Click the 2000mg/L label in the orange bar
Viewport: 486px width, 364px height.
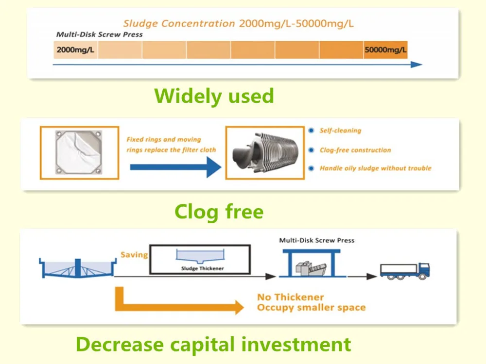pyautogui.click(x=75, y=50)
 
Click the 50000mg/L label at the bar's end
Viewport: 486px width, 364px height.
pyautogui.click(x=385, y=50)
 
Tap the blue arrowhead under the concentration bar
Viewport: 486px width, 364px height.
pyautogui.click(x=417, y=65)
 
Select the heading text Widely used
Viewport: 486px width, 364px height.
pyautogui.click(x=214, y=96)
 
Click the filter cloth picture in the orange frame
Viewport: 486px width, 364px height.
pyautogui.click(x=79, y=152)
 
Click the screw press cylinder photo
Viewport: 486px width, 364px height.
pyautogui.click(x=265, y=152)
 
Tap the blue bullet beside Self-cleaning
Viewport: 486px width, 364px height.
pyautogui.click(x=311, y=131)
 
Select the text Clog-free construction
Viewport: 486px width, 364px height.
pyautogui.click(x=355, y=150)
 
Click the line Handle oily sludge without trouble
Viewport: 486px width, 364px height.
pyautogui.click(x=376, y=168)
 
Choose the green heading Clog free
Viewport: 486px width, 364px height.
pyautogui.click(x=219, y=212)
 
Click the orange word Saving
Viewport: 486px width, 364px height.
pyautogui.click(x=134, y=255)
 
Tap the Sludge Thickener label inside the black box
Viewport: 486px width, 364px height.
pyautogui.click(x=202, y=268)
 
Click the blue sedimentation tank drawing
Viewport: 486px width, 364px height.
pyautogui.click(x=77, y=268)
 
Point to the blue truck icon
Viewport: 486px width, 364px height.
pyautogui.click(x=405, y=271)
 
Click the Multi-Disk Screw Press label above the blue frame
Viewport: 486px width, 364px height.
pyautogui.click(x=317, y=240)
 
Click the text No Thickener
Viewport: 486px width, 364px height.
pyautogui.click(x=291, y=297)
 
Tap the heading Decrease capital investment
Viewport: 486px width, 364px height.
pyautogui.click(x=213, y=345)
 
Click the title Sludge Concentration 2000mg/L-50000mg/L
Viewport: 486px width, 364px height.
pyautogui.click(x=238, y=23)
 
